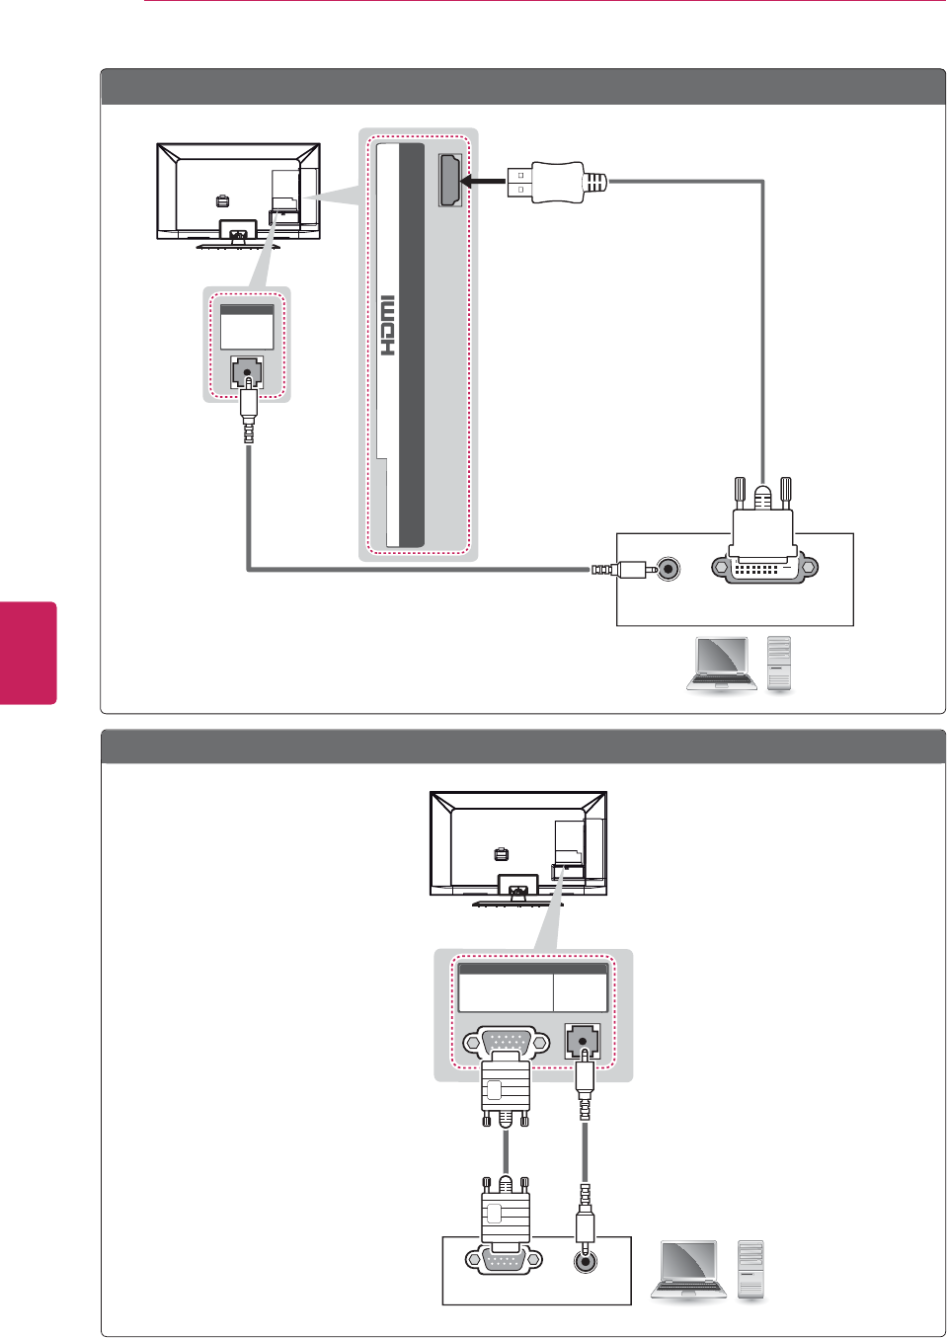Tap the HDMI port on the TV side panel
click(x=450, y=182)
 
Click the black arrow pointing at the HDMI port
click(x=484, y=182)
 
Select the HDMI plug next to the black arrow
click(x=553, y=183)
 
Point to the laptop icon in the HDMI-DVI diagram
click(x=722, y=665)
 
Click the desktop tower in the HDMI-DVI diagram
click(x=780, y=664)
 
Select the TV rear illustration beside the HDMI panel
click(x=238, y=194)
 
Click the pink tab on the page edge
click(x=29, y=653)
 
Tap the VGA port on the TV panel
click(x=507, y=1043)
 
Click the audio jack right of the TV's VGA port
click(x=583, y=1041)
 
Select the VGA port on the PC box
click(x=505, y=1261)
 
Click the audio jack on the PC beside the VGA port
click(x=587, y=1261)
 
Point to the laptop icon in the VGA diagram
click(x=688, y=1270)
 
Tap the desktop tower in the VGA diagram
click(x=751, y=1269)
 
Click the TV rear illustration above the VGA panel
click(x=518, y=845)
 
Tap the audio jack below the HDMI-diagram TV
click(x=246, y=373)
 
